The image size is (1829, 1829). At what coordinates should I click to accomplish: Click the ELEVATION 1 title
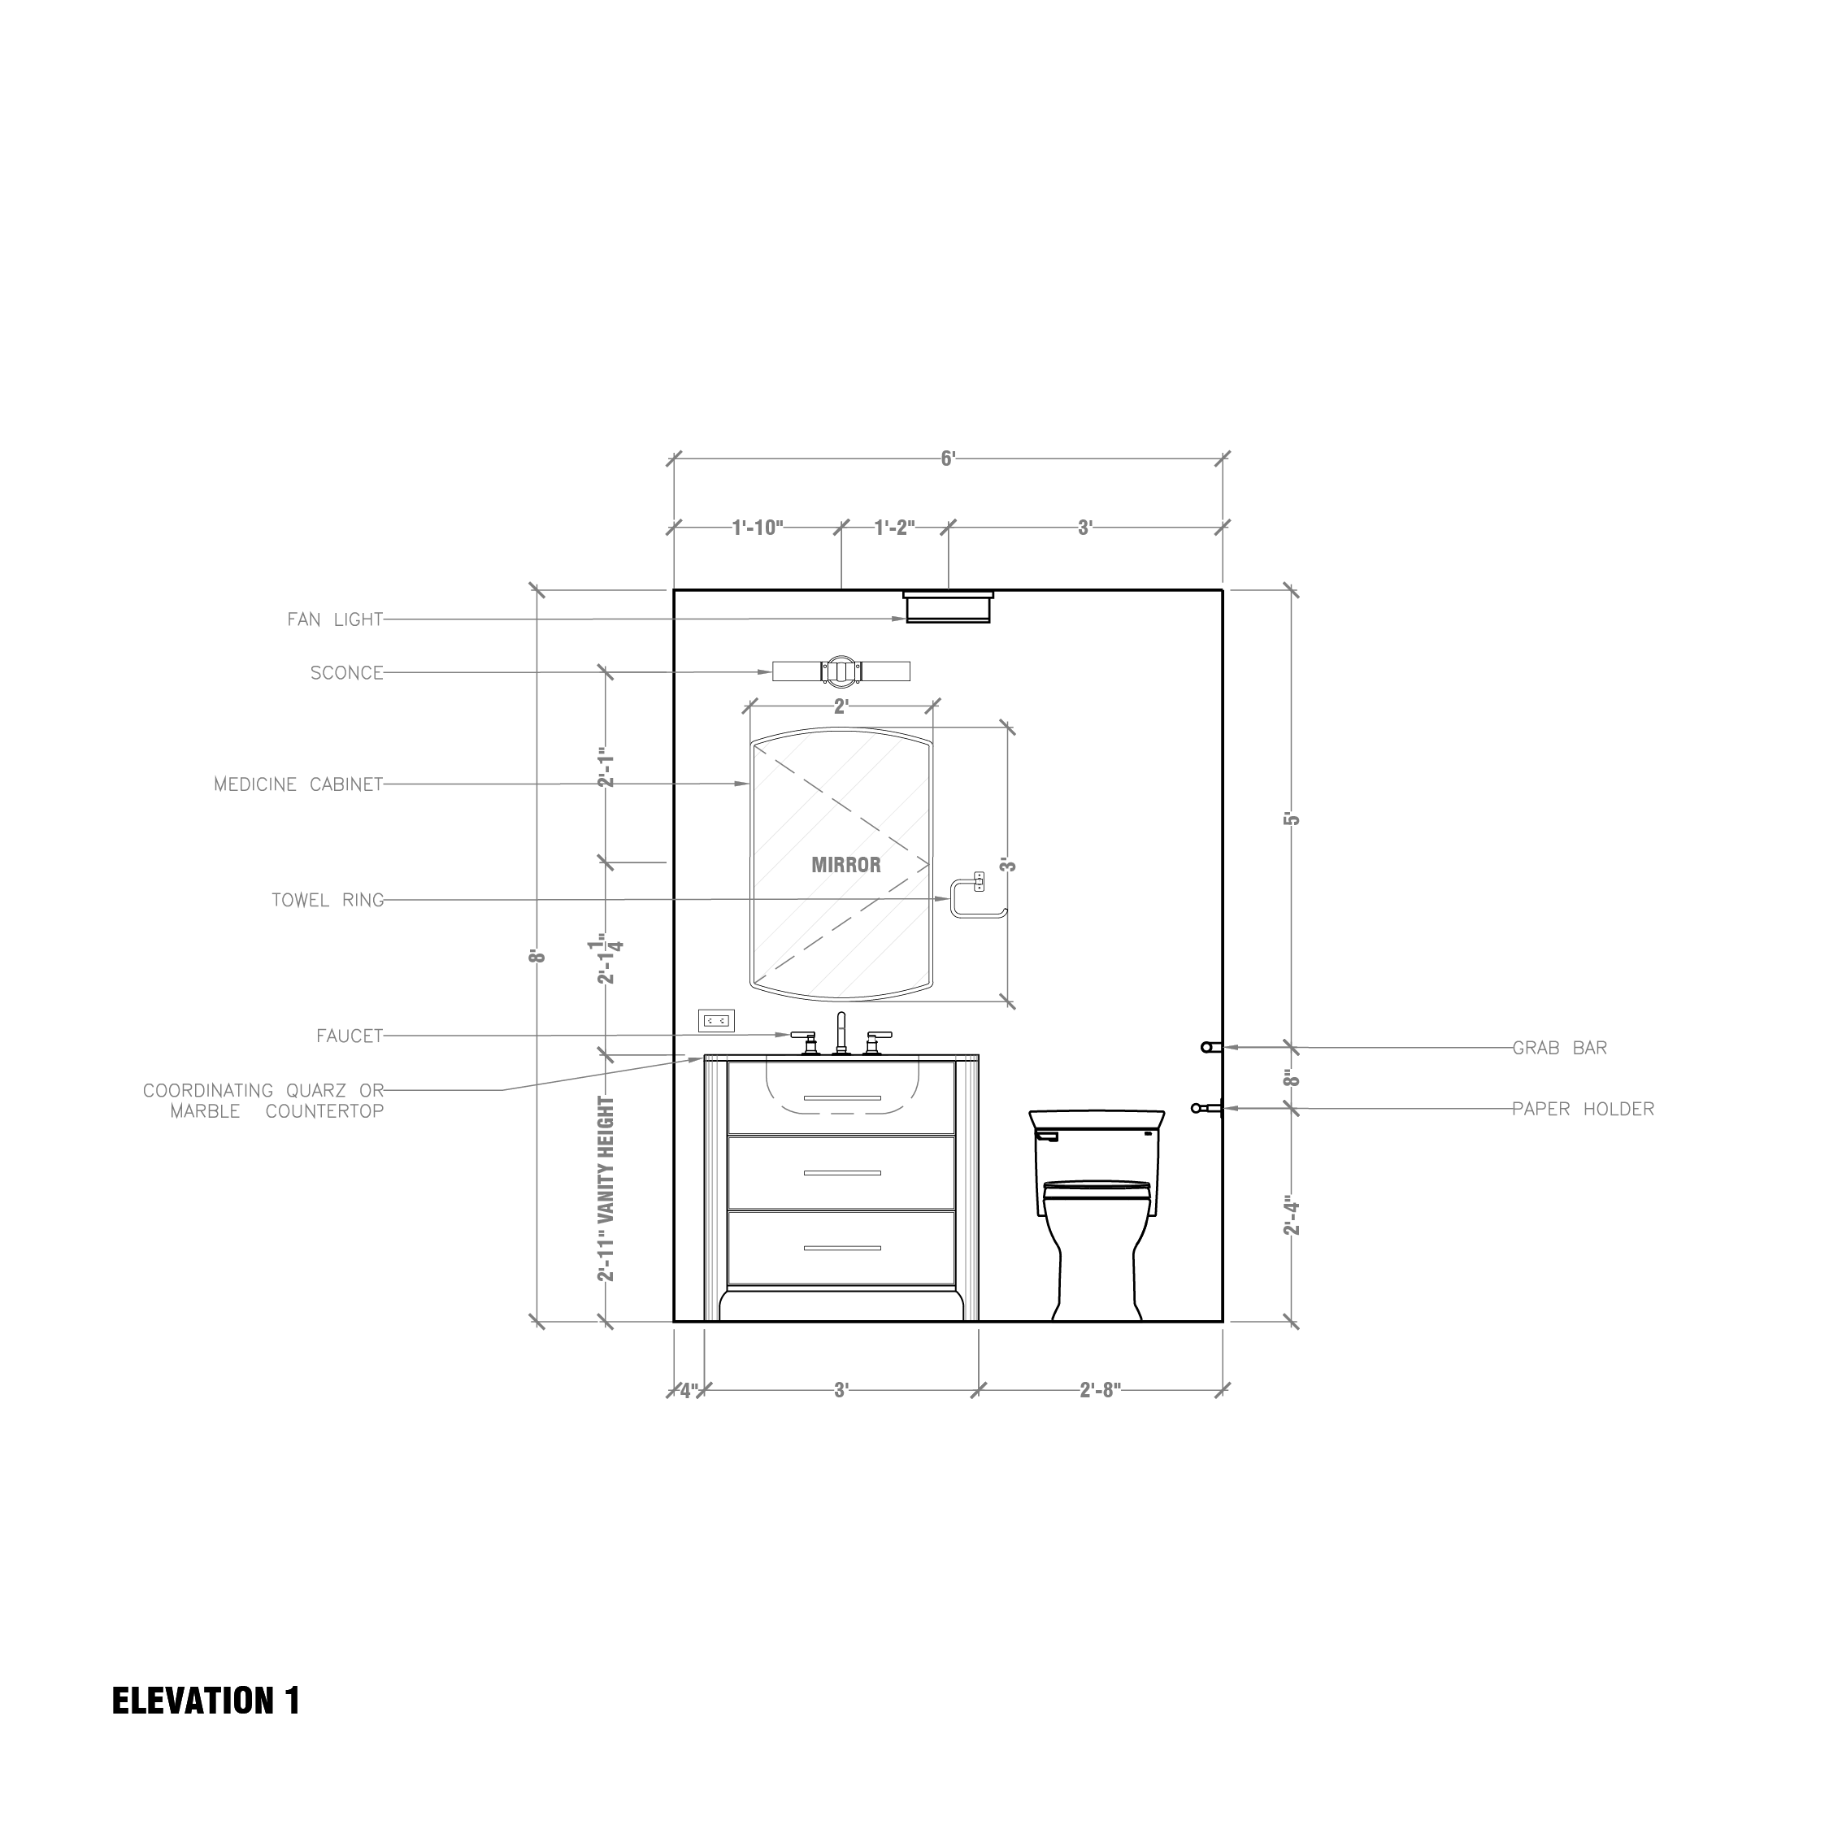[x=206, y=1701]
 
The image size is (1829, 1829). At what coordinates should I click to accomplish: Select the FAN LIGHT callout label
[x=335, y=620]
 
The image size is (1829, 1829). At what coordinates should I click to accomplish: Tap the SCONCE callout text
[x=346, y=673]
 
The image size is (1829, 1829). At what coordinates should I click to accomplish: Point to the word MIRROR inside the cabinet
[x=845, y=864]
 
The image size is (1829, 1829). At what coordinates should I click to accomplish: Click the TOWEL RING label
[x=328, y=901]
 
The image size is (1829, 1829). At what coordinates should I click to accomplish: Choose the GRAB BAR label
[x=1558, y=1048]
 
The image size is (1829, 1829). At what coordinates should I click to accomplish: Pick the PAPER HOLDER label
[x=1582, y=1109]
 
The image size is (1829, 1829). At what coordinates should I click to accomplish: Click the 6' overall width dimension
[x=948, y=459]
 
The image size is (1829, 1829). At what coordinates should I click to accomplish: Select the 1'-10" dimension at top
[x=758, y=528]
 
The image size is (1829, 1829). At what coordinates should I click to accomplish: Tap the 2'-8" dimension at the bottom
[x=1100, y=1390]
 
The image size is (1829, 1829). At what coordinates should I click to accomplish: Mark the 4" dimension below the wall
[x=689, y=1391]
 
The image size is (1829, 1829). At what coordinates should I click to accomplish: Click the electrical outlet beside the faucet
[x=717, y=1020]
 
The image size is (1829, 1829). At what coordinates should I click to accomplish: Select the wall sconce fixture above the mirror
[x=841, y=671]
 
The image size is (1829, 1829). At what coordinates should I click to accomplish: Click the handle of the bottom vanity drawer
[x=841, y=1248]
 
